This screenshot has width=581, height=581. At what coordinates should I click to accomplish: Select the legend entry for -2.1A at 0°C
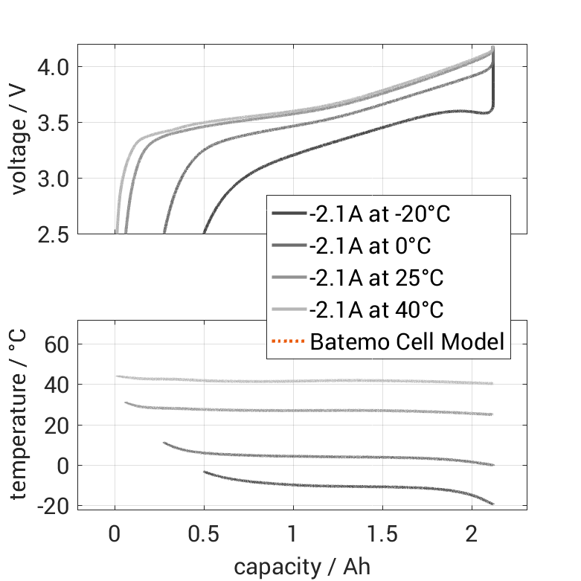pyautogui.click(x=370, y=246)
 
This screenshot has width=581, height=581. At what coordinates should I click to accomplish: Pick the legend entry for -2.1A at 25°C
pyautogui.click(x=376, y=278)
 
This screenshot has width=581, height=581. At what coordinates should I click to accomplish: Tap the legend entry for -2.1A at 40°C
pyautogui.click(x=376, y=309)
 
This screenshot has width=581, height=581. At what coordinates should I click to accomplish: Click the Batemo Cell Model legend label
pyautogui.click(x=407, y=342)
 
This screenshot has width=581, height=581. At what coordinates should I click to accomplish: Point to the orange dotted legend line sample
pyautogui.click(x=289, y=342)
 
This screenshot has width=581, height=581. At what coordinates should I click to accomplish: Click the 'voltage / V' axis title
pyautogui.click(x=20, y=140)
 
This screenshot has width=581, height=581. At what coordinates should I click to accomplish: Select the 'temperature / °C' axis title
pyautogui.click(x=20, y=414)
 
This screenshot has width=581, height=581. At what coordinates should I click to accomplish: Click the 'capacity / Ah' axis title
pyautogui.click(x=302, y=567)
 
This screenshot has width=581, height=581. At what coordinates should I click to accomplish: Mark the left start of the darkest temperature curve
pyautogui.click(x=205, y=472)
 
